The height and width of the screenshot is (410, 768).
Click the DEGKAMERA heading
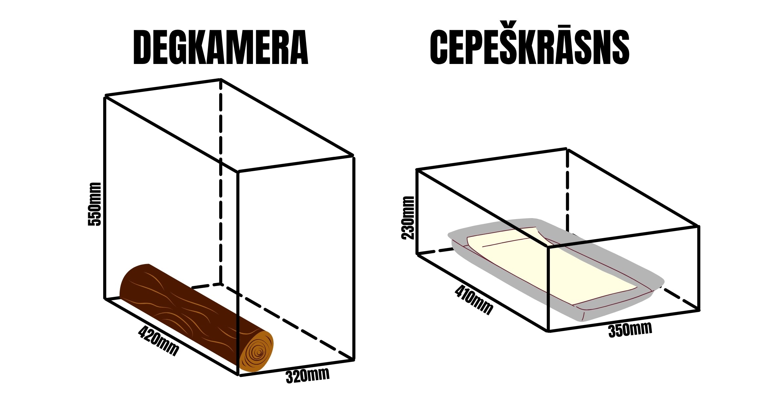[x=221, y=47]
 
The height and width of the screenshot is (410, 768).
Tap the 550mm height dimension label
[x=95, y=204]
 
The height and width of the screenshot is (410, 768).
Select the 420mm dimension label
[x=159, y=341]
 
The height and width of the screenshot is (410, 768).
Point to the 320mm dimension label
[x=307, y=376]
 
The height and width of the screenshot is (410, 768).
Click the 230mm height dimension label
[x=408, y=218]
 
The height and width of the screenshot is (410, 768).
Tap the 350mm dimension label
[x=630, y=330]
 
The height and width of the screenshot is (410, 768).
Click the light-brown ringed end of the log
[x=256, y=351]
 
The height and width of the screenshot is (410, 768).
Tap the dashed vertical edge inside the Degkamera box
[x=221, y=182]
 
